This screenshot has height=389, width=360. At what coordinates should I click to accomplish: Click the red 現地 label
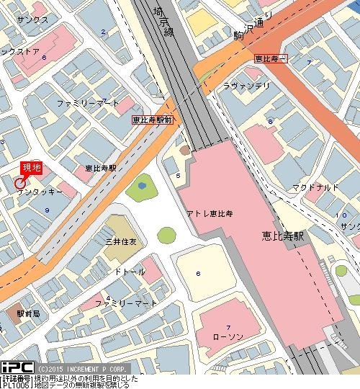[32, 168]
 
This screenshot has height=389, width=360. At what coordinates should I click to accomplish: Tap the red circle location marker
[19, 183]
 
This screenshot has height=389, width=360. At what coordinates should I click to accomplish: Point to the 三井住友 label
[121, 241]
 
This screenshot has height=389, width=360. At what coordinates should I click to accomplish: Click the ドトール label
[130, 272]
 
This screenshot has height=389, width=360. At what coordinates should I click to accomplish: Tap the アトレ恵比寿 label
[210, 215]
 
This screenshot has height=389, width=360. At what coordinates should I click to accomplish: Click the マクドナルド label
[315, 188]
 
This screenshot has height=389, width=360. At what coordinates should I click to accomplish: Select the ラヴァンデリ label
[248, 86]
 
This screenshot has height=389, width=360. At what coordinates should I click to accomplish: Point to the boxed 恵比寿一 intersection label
[271, 57]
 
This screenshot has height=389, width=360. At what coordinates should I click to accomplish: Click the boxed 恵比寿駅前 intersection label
[152, 121]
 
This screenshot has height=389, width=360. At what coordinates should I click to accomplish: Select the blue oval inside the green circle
[141, 185]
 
